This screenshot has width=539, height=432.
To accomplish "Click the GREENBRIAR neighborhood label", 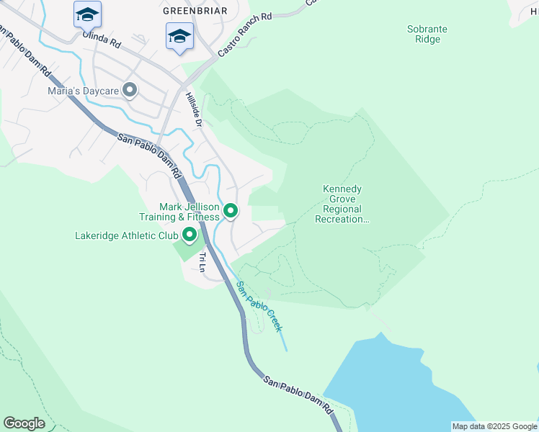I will click(195, 11).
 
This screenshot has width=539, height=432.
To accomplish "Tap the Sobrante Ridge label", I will click(427, 34).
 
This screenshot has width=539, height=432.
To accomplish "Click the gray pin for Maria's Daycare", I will click(130, 91).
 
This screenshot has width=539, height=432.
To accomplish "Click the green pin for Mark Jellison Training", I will click(231, 211).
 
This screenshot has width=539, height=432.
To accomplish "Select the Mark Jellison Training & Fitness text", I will click(179, 212).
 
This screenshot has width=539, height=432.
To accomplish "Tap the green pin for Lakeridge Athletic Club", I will click(190, 235).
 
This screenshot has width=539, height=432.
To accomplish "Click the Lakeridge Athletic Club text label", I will click(127, 235).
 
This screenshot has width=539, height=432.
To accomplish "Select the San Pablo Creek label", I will click(259, 306).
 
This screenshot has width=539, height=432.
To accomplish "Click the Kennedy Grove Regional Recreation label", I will click(342, 204).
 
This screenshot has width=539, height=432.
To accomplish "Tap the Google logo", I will click(24, 423).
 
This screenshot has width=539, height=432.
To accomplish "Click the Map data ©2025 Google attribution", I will click(495, 426).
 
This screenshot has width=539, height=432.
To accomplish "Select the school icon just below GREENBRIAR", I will click(179, 36).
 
